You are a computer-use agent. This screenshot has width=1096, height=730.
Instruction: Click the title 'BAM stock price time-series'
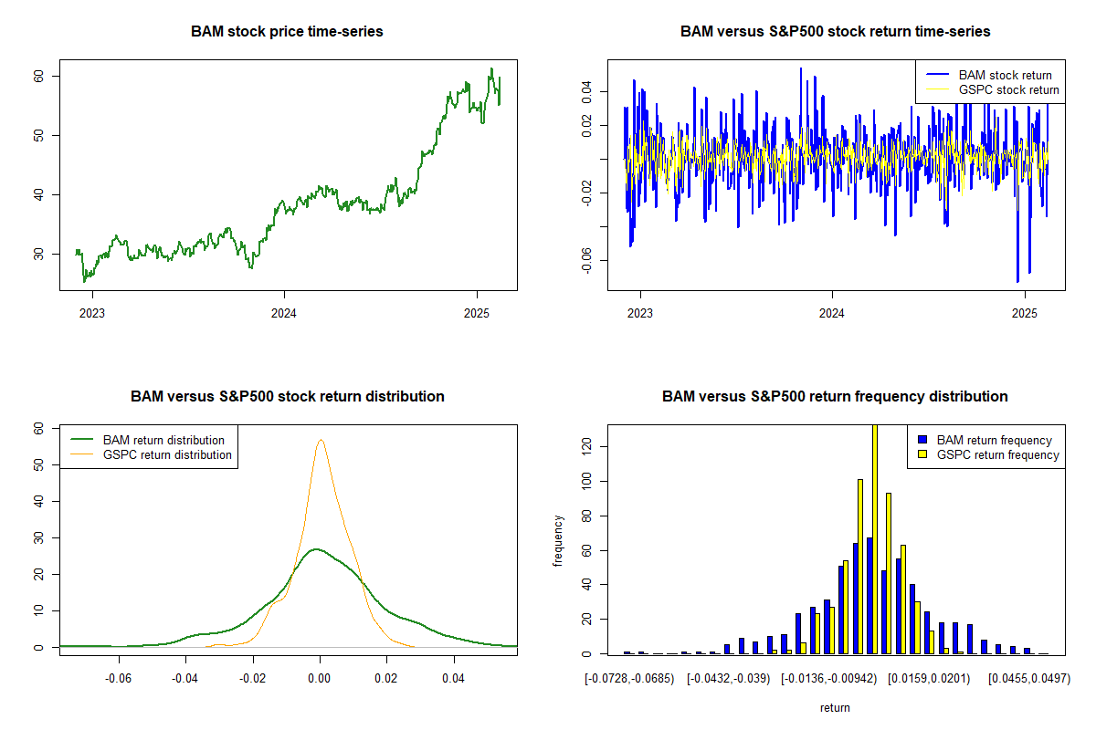click(287, 32)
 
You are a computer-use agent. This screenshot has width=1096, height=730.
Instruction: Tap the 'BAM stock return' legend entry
click(1005, 76)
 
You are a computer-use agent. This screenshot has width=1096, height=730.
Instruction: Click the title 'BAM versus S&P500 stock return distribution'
click(287, 397)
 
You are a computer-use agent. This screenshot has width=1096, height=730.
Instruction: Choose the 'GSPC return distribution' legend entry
click(167, 454)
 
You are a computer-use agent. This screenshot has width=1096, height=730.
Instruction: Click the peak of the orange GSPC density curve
click(321, 440)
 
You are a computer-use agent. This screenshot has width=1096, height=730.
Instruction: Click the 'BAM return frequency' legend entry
click(994, 440)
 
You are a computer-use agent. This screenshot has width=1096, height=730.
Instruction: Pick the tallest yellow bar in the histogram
click(875, 538)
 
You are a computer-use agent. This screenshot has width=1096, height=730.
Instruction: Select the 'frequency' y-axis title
click(559, 541)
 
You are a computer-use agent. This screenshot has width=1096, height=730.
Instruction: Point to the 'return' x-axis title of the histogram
click(835, 708)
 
